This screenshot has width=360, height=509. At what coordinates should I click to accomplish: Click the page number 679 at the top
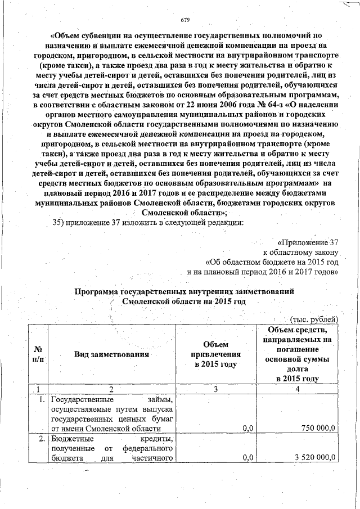[185, 21]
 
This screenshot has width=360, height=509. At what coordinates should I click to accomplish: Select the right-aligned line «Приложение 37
[308, 242]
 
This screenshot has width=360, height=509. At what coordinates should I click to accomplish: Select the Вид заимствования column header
[111, 354]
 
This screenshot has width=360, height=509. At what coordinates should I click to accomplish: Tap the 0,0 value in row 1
[245, 429]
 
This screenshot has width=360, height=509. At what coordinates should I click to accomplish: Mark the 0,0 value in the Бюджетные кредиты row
[245, 459]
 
